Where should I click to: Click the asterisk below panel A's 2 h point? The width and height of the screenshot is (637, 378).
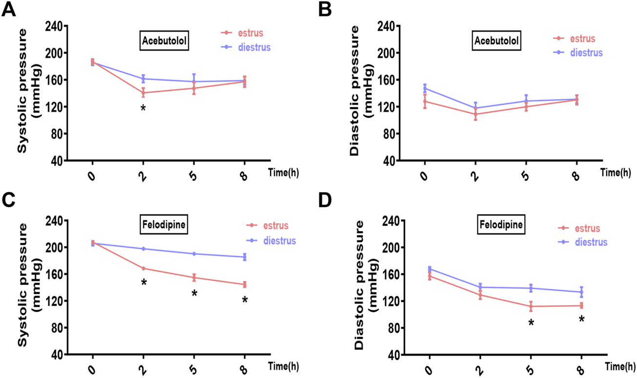click(x=143, y=108)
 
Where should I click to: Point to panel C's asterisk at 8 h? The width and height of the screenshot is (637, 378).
click(x=245, y=300)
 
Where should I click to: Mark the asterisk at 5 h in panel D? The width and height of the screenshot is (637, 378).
click(x=531, y=323)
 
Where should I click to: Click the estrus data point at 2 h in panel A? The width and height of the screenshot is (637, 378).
click(x=143, y=93)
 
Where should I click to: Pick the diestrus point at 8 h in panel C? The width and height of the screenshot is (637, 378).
click(x=245, y=257)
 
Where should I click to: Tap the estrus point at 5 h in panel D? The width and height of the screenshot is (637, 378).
click(x=531, y=307)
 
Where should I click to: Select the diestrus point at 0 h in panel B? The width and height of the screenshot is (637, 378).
click(x=425, y=88)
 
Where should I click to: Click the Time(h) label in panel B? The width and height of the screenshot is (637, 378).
click(x=615, y=172)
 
